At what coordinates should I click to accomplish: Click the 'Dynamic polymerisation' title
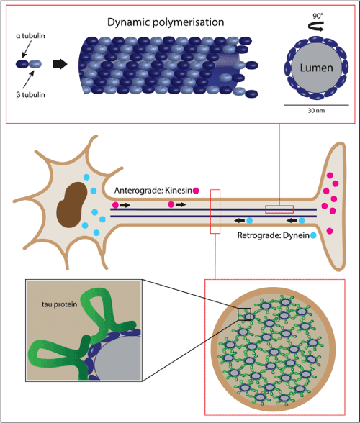point(166,22)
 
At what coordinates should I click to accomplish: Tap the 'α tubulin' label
point(30,36)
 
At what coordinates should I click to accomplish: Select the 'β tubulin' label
point(30,95)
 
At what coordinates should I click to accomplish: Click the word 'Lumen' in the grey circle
point(317,68)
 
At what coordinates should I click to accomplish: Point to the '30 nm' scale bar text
point(316,111)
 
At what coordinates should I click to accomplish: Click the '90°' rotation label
point(318,16)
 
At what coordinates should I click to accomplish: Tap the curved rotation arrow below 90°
point(316,27)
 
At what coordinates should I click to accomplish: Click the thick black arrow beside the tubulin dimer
point(60,64)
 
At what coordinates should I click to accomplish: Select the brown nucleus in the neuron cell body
point(71,205)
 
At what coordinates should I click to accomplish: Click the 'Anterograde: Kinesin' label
point(153,191)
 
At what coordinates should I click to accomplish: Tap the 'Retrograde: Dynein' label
point(274,235)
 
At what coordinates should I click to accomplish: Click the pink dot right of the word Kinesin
point(196,191)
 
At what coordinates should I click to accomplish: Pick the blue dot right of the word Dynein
point(313,235)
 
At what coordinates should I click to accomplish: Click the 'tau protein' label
point(60,304)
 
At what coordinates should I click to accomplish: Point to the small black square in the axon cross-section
point(244,314)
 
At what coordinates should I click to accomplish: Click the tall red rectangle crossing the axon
point(215,211)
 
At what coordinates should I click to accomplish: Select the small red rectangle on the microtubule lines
point(279,209)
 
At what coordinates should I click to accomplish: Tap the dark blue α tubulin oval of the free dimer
point(22,64)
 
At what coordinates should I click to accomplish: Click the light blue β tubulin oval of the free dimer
point(35,64)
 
